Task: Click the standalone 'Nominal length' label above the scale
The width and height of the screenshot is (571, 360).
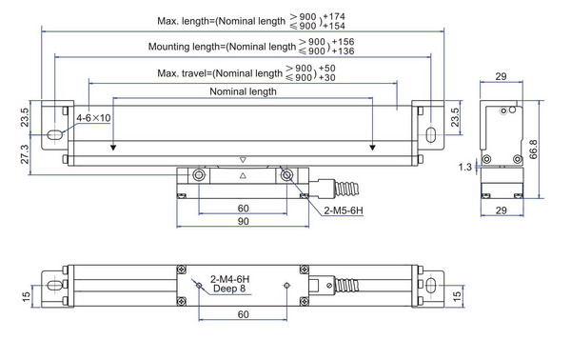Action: [x=243, y=91]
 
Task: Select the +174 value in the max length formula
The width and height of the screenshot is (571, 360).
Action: [x=334, y=16]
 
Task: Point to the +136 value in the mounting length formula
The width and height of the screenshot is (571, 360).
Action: [x=343, y=51]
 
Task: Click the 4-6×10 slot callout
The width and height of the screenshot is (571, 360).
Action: [x=93, y=118]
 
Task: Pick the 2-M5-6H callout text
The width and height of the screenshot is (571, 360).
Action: [x=344, y=210]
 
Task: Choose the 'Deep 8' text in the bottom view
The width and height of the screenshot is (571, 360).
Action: [x=229, y=289]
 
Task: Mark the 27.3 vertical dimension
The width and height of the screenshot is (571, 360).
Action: [x=25, y=154]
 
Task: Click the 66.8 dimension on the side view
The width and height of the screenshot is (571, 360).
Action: [x=533, y=150]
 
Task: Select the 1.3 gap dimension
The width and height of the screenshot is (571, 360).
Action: [x=465, y=167]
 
